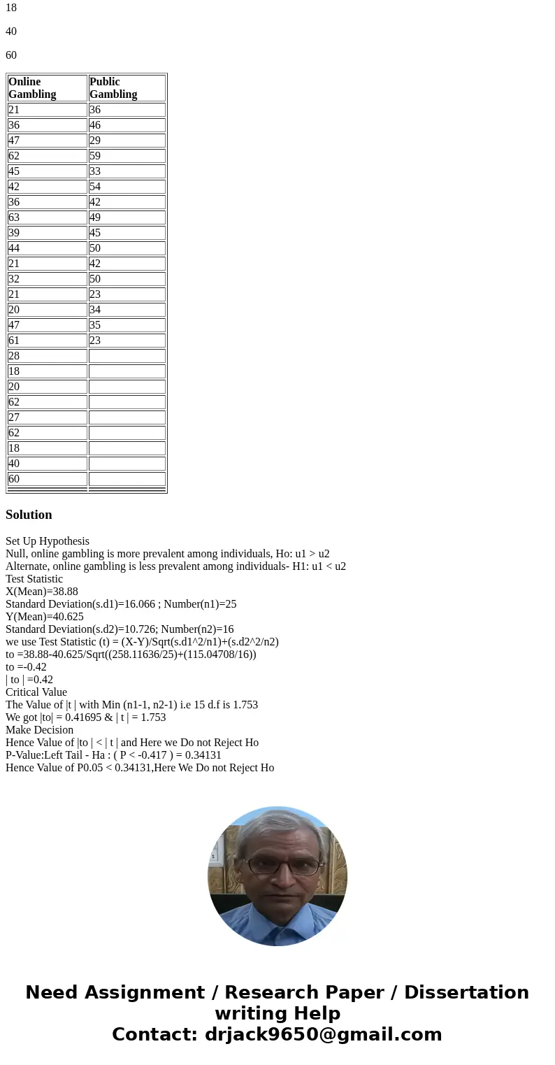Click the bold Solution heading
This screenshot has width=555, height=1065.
(29, 515)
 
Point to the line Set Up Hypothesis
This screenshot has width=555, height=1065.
(48, 541)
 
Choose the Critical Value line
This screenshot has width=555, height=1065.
(36, 692)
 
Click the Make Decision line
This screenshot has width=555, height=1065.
(39, 730)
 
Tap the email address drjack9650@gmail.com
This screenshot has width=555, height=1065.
(323, 1034)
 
